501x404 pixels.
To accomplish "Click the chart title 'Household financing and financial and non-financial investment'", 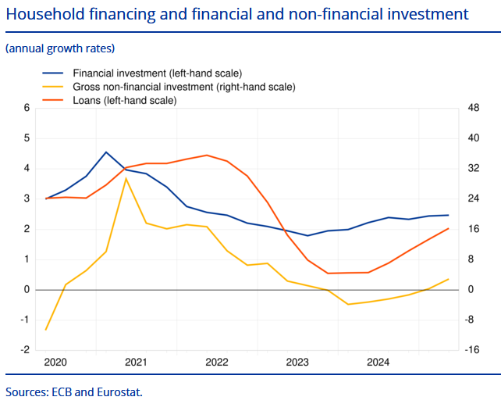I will (237, 14).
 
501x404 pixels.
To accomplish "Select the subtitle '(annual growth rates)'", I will (60, 48).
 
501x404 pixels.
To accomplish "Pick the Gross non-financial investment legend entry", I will (183, 87).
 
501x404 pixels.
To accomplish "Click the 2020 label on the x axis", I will (55, 362).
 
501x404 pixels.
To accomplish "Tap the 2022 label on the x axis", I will (216, 362).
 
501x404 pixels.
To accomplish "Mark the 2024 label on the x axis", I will (378, 362).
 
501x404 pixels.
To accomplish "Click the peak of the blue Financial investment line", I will (106, 152).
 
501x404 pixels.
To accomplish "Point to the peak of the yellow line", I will (126, 179).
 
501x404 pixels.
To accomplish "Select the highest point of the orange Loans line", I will (207, 155).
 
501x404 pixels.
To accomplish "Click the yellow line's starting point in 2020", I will (46, 330).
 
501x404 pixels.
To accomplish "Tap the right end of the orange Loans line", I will (448, 229).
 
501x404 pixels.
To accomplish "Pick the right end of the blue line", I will (448, 215).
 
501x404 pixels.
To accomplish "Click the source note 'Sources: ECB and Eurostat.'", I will (74, 391).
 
